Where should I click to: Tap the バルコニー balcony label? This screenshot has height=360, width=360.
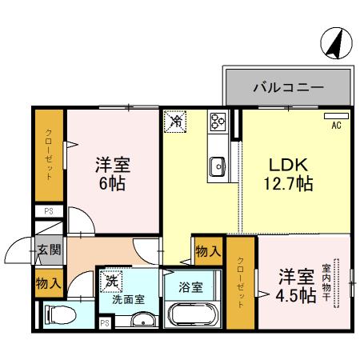coord(289,86)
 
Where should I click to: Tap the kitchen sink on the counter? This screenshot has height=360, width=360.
coord(218,166)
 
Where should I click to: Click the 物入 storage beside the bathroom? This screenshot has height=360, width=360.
coord(208,251)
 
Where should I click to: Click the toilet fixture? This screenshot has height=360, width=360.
coord(60,316)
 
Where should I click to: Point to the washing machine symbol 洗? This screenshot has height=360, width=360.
coord(110,282)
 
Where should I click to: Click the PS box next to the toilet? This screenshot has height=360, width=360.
coord(104,322)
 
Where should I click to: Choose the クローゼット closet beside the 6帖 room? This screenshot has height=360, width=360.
coord(48,154)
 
